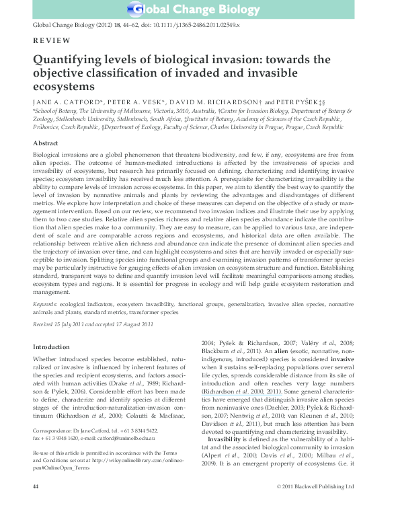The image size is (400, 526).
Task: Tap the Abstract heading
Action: click(47, 143)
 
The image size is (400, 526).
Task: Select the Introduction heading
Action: click(51, 346)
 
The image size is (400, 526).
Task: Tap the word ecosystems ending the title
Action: click(61, 87)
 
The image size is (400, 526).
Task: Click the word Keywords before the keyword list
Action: click(46, 304)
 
